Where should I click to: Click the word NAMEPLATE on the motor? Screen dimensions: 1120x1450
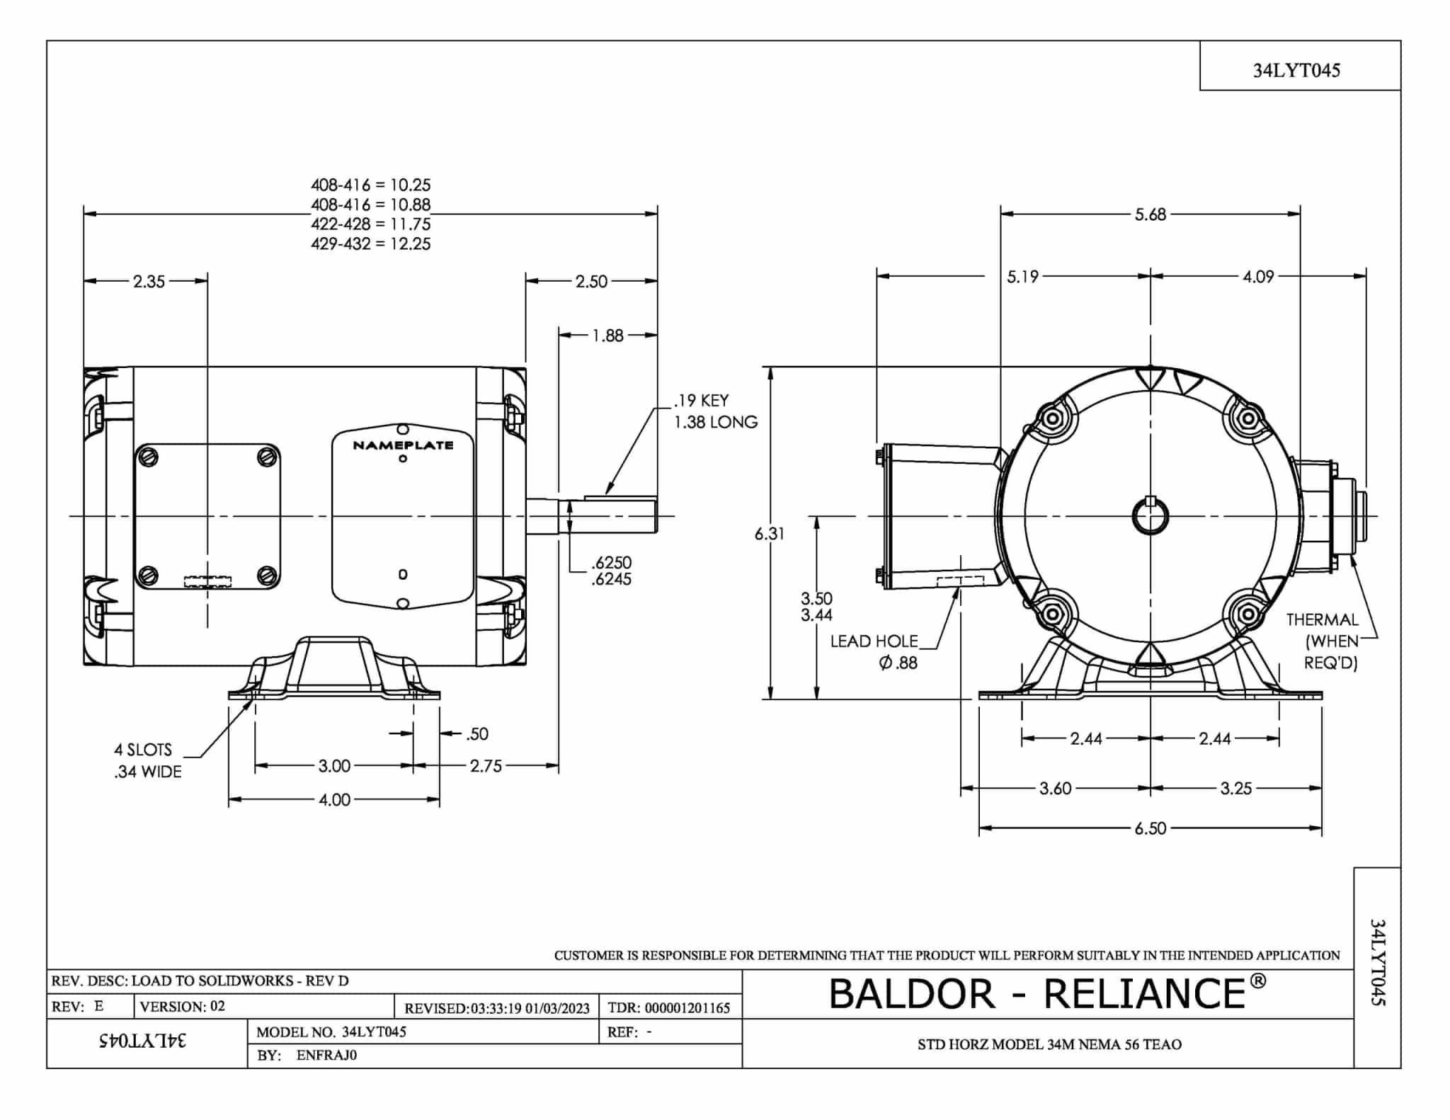coord(403,445)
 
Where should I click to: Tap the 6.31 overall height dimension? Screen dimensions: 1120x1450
coord(769,534)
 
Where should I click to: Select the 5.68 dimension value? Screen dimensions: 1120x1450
coord(1150,215)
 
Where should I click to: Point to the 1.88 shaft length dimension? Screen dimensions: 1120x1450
coord(607,336)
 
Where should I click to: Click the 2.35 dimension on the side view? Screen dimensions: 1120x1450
coord(149,282)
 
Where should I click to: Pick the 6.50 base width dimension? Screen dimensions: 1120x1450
coord(1150,828)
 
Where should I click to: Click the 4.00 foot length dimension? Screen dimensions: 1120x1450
coord(334,800)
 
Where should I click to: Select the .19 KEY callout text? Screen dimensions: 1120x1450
coord(700,401)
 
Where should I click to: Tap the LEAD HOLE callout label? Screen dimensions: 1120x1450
coord(874,641)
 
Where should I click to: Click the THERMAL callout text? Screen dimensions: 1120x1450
coord(1322,620)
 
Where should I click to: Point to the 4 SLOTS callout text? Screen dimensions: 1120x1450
coord(143,750)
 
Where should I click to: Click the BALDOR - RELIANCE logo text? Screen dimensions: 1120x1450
coord(1046,993)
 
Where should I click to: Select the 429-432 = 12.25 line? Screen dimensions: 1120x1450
coord(370,244)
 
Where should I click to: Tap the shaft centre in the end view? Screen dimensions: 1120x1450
coord(1151,516)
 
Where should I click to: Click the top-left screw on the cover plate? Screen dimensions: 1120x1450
coord(149,457)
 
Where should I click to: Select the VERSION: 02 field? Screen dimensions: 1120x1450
coord(183,1007)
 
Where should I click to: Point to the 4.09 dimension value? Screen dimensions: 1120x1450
coord(1258,277)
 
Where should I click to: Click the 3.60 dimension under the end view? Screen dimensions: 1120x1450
coord(1055,789)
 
